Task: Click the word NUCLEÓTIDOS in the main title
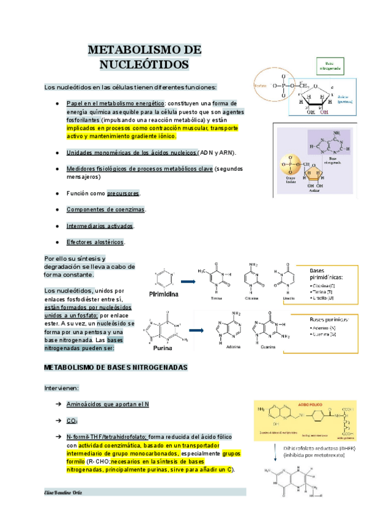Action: [x=145, y=64]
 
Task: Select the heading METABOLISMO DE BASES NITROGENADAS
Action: [x=116, y=367]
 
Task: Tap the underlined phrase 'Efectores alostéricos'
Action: [x=95, y=242]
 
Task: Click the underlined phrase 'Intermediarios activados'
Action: [x=100, y=226]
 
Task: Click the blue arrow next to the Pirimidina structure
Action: [x=187, y=282]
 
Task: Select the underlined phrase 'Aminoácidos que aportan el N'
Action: [x=108, y=405]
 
